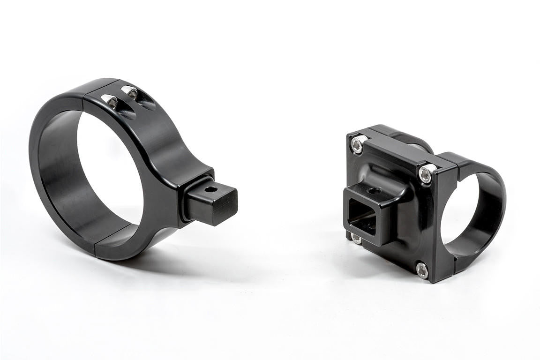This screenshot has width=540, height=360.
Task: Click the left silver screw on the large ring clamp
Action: pyautogui.click(x=111, y=100)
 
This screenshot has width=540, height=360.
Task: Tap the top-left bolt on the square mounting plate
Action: pyautogui.click(x=358, y=144)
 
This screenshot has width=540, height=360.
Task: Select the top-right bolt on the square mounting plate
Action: pyautogui.click(x=426, y=174)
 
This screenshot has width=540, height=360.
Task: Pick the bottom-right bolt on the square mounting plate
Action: pyautogui.click(x=422, y=270)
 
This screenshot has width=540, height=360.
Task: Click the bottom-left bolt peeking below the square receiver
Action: pyautogui.click(x=356, y=239)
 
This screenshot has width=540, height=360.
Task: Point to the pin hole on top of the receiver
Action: pyautogui.click(x=374, y=191)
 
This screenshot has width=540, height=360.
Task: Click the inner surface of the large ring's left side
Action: pyautogui.click(x=56, y=178)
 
